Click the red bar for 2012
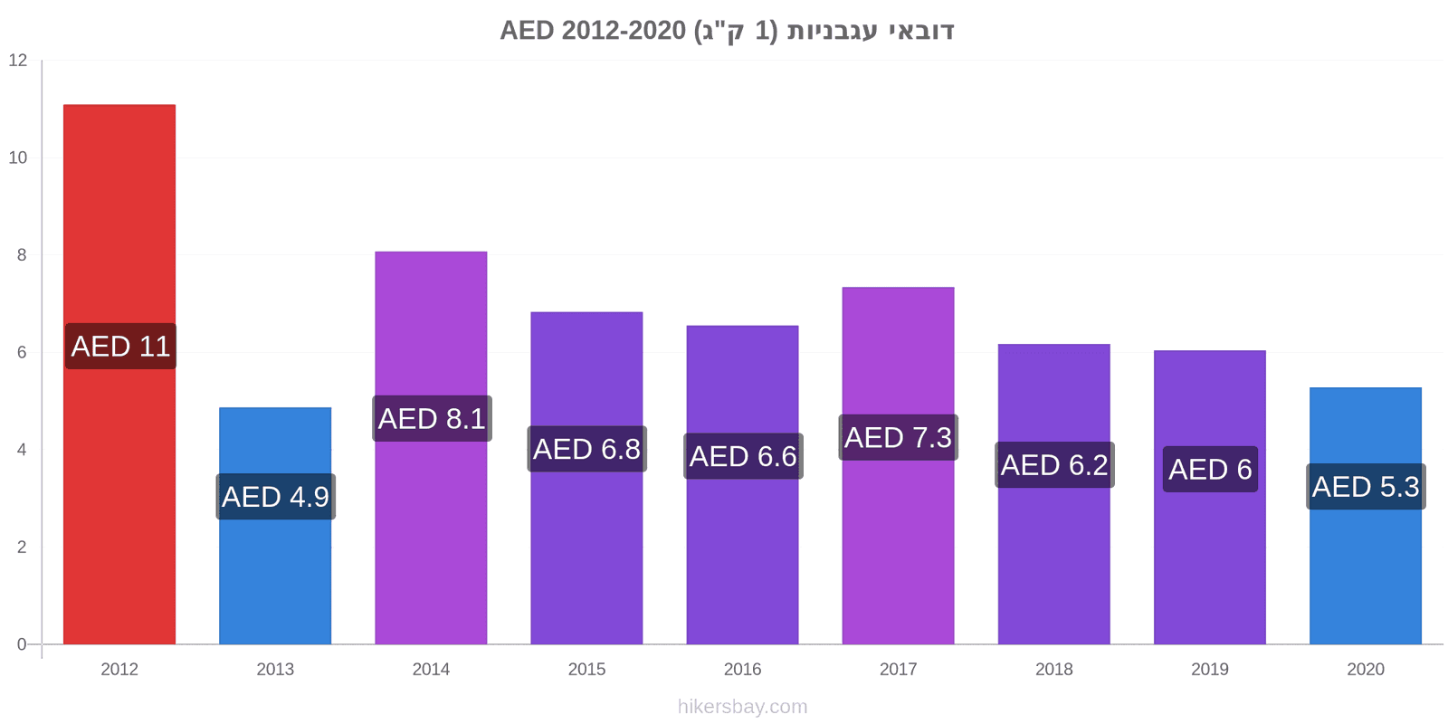tap(119, 374)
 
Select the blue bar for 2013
tap(275, 526)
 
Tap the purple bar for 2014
tap(431, 447)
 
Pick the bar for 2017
tap(899, 465)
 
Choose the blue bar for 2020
tap(1366, 516)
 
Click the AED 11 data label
tap(120, 347)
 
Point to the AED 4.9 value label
tap(275, 497)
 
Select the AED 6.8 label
tap(587, 449)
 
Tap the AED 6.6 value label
tap(743, 456)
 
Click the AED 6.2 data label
tap(1054, 465)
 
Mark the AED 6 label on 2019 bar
tap(1210, 470)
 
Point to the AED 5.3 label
tap(1366, 487)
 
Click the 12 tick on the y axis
tap(18, 60)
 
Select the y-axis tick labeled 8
tap(22, 255)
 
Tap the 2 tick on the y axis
tap(22, 547)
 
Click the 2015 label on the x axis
tap(587, 669)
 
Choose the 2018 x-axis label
tap(1054, 669)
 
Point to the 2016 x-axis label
tap(743, 669)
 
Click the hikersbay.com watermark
tap(743, 707)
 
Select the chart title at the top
tap(728, 31)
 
